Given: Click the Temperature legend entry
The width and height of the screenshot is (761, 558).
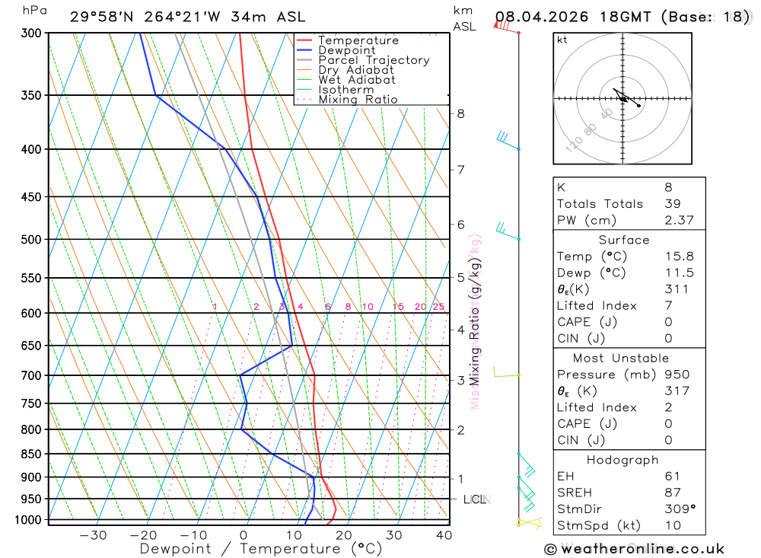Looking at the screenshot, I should (358, 40).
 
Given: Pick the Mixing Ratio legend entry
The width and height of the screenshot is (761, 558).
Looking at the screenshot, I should (358, 100).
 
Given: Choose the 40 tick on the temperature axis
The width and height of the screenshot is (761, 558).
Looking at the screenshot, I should (444, 535).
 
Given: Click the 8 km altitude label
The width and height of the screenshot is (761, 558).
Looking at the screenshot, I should (460, 114).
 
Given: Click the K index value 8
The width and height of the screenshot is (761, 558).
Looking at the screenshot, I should (668, 187).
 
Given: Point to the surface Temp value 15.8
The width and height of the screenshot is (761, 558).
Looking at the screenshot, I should (679, 257).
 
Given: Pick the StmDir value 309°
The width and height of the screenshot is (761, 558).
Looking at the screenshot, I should (679, 509).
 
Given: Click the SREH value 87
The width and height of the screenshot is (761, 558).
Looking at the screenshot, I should (672, 493).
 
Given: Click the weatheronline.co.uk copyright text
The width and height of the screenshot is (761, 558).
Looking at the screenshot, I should (634, 549).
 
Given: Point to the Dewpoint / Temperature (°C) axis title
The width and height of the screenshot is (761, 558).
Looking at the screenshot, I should (260, 549).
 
